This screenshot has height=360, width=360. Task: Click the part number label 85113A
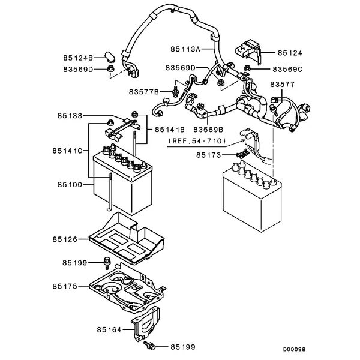[186, 47]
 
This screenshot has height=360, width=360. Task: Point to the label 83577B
[143, 92]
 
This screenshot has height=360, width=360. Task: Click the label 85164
[109, 329]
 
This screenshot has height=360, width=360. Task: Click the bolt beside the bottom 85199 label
[149, 346]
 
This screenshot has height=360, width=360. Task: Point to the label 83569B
[208, 128]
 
